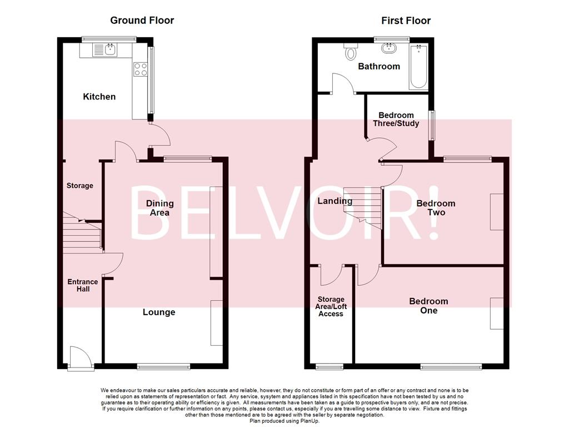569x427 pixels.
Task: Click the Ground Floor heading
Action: [x=142, y=21]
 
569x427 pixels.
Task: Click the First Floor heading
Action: [x=406, y=21]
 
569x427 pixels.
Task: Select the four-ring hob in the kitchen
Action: [x=141, y=69]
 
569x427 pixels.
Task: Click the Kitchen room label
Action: [x=99, y=97]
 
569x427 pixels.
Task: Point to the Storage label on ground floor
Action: [x=80, y=186]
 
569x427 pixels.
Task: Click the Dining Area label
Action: [x=159, y=208]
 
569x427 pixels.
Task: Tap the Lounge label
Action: [x=159, y=312]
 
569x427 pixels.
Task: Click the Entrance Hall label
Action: [x=82, y=286]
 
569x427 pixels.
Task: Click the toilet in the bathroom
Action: [x=351, y=53]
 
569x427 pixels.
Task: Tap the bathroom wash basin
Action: [x=392, y=49]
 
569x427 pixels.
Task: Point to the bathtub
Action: [x=418, y=67]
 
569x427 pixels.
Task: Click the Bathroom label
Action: [x=379, y=67]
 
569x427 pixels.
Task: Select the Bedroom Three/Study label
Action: [x=397, y=120]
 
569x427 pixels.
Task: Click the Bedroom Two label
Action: [x=436, y=208]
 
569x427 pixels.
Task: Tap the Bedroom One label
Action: [x=428, y=306]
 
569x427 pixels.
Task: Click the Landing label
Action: [x=335, y=201]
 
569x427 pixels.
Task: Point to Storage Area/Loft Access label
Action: [x=331, y=306]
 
